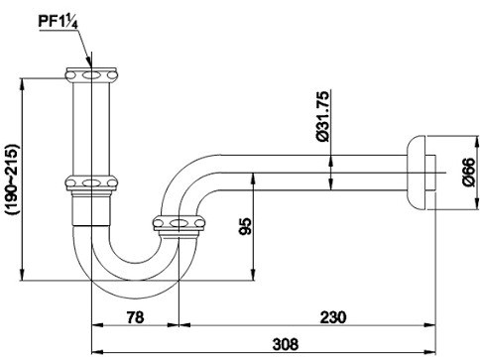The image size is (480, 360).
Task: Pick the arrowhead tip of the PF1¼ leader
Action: pos(92,66)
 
